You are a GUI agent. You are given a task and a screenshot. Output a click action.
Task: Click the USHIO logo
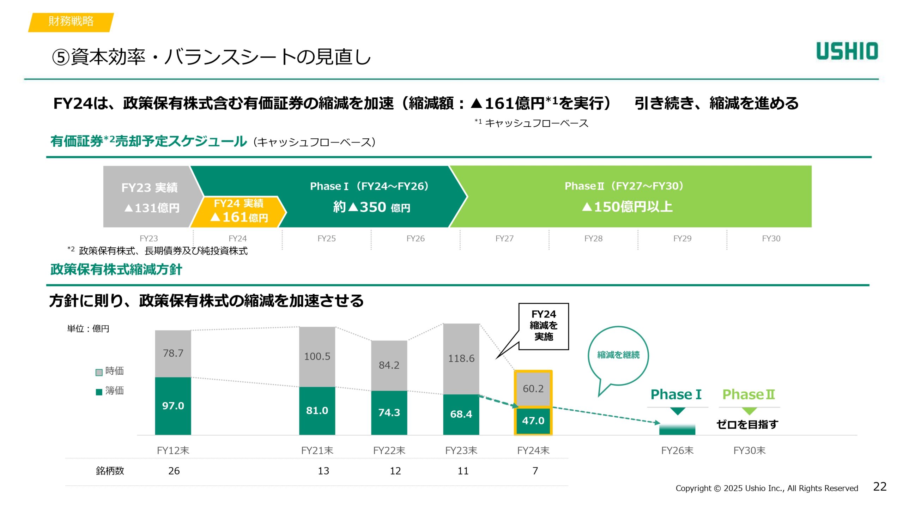pos(847,51)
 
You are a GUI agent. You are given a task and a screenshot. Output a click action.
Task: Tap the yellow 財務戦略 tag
pos(71,22)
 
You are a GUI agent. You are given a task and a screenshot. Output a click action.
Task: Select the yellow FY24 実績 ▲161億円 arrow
pos(239,211)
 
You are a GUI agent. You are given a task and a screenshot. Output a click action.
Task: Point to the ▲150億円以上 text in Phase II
pos(628,207)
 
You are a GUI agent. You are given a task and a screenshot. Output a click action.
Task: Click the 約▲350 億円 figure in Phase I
pos(371,207)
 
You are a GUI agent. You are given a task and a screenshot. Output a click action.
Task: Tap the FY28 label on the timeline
pos(593,238)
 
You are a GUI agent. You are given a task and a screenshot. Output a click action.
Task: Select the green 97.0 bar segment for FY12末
pos(173,406)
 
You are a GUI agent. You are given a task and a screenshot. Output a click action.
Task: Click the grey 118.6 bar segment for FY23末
pos(461,358)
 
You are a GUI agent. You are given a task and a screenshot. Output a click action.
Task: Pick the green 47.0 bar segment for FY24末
pos(533,421)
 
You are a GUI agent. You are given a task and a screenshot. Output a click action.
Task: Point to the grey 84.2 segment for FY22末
pos(389,365)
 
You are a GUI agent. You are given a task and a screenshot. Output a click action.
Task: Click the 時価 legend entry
pos(110,371)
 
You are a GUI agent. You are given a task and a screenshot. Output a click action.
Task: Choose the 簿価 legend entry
pos(110,391)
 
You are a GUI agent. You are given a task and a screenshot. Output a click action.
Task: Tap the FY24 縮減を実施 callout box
pos(544,326)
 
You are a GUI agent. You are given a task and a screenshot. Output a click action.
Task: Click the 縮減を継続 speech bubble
pos(618,355)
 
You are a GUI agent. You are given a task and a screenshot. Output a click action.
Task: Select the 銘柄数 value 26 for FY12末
pos(174,471)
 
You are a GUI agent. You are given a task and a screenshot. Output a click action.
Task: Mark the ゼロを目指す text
pos(747,424)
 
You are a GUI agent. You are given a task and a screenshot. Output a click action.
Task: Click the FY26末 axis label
pos(677,450)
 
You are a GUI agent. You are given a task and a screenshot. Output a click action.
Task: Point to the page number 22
pos(880,487)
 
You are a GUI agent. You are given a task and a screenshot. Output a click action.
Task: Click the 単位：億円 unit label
pos(88,329)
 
